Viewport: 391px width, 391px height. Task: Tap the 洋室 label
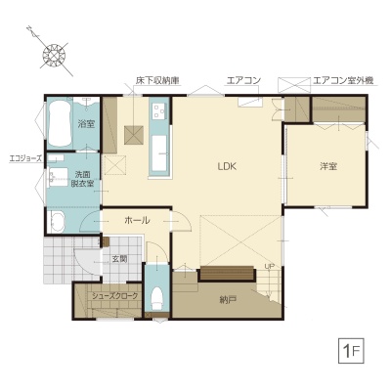click(x=328, y=166)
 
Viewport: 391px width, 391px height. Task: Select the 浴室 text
click(x=86, y=124)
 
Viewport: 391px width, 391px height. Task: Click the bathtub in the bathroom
click(x=60, y=123)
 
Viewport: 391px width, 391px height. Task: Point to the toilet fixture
click(x=156, y=299)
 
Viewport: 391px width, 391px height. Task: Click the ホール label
click(x=137, y=221)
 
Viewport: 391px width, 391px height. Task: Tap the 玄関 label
click(x=119, y=259)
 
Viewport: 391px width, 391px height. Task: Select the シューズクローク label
click(x=114, y=296)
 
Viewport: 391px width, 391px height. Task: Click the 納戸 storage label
click(x=228, y=300)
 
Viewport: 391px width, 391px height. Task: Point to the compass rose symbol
click(x=54, y=56)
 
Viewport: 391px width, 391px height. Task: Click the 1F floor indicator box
click(x=351, y=352)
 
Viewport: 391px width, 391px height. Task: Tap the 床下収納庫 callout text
click(x=158, y=80)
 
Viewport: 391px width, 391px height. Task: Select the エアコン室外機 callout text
click(x=343, y=80)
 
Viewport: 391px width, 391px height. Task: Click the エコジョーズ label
click(x=25, y=158)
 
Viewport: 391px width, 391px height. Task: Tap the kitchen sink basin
click(x=159, y=152)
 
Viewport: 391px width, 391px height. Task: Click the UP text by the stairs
click(x=270, y=266)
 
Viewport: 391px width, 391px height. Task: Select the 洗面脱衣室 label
click(x=82, y=179)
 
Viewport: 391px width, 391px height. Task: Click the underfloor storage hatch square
click(x=134, y=135)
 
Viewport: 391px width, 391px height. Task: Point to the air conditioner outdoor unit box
click(x=293, y=85)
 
